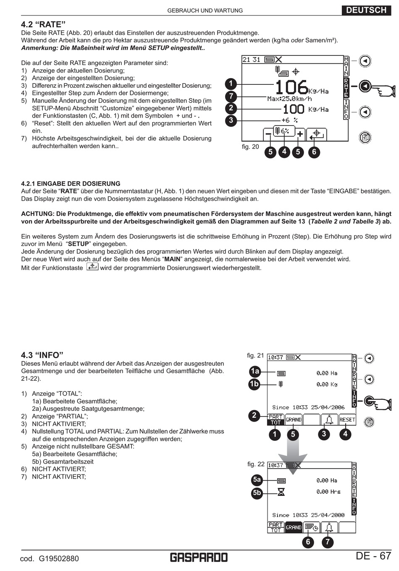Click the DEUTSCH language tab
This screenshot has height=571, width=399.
tap(366, 10)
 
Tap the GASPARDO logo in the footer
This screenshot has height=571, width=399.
tap(199, 557)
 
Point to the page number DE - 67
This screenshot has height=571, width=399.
tap(373, 556)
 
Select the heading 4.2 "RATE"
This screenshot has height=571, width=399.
tap(44, 25)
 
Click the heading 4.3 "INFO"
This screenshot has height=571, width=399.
tap(42, 355)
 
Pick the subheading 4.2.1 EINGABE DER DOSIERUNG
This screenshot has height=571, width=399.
tap(71, 183)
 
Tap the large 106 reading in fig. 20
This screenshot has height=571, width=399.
tap(291, 87)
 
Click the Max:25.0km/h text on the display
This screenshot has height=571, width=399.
tap(289, 99)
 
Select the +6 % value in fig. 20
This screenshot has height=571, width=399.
tap(289, 120)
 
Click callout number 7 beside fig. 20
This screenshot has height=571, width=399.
tap(231, 96)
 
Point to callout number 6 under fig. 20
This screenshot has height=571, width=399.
tap(314, 152)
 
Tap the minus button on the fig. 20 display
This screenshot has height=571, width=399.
tap(268, 134)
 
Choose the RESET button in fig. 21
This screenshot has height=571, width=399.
tap(347, 419)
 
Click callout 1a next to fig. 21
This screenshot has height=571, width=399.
tap(255, 371)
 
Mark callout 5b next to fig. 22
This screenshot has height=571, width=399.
tap(257, 492)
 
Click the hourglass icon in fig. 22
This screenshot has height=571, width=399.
tap(281, 492)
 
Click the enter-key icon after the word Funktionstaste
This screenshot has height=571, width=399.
tap(92, 267)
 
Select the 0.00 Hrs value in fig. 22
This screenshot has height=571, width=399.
tap(328, 492)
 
